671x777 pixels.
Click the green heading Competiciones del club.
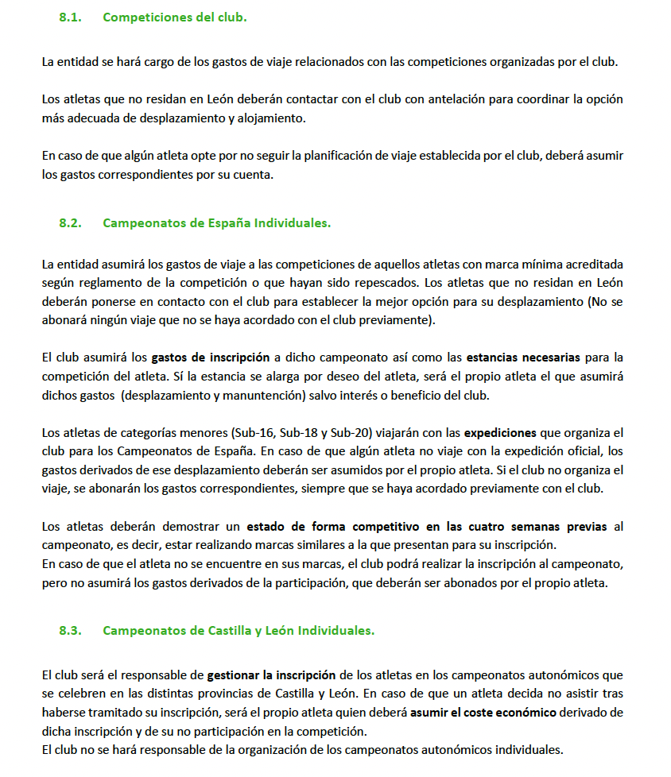click(174, 17)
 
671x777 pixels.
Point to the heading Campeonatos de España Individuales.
click(216, 223)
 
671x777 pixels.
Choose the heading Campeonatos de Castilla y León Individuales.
click(239, 631)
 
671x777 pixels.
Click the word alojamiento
click(270, 118)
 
